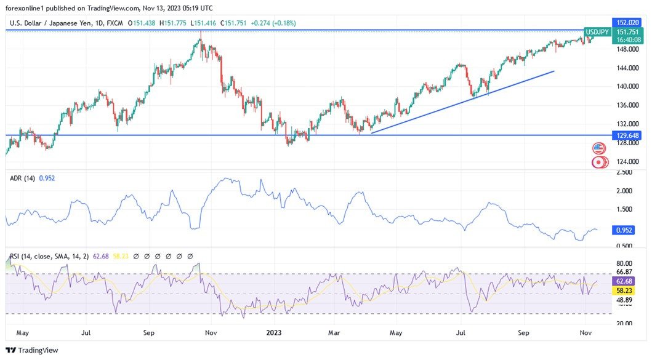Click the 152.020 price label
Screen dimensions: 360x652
(627, 22)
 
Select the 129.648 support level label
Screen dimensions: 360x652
(627, 135)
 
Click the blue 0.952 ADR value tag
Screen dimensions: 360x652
(624, 230)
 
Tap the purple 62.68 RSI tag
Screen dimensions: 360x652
(624, 281)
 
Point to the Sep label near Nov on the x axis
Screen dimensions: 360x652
(523, 333)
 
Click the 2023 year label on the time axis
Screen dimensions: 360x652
(274, 333)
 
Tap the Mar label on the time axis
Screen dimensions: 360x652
(334, 333)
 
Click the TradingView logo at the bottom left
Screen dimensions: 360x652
(32, 350)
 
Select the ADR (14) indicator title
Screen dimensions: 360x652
(23, 178)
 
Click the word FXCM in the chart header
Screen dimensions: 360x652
(115, 23)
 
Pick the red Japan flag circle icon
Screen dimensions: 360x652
(598, 162)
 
